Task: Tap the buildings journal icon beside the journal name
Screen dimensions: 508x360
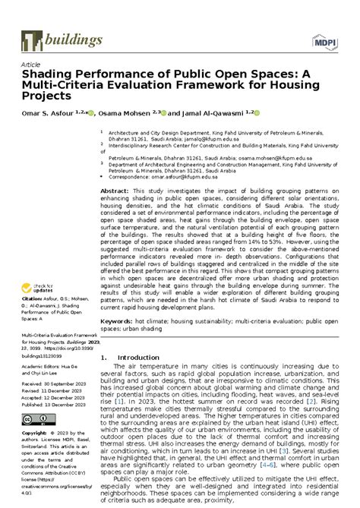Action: [28, 40]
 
